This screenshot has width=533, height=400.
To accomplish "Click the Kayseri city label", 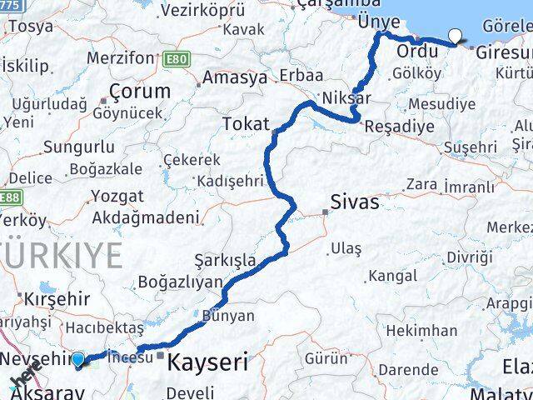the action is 208,362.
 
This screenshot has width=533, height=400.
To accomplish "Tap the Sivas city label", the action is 355,202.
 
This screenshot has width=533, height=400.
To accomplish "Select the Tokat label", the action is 246,125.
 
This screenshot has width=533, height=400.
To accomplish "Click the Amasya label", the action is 238,77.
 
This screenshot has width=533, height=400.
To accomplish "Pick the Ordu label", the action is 416,52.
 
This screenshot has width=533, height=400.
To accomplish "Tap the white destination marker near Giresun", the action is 456,36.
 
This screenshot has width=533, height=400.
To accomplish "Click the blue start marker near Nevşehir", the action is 78,359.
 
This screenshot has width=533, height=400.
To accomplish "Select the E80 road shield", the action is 177,59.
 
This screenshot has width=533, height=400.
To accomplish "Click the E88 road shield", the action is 10,197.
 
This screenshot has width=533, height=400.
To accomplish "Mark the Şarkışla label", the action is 225,260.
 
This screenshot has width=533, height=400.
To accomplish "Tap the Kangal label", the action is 392,274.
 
